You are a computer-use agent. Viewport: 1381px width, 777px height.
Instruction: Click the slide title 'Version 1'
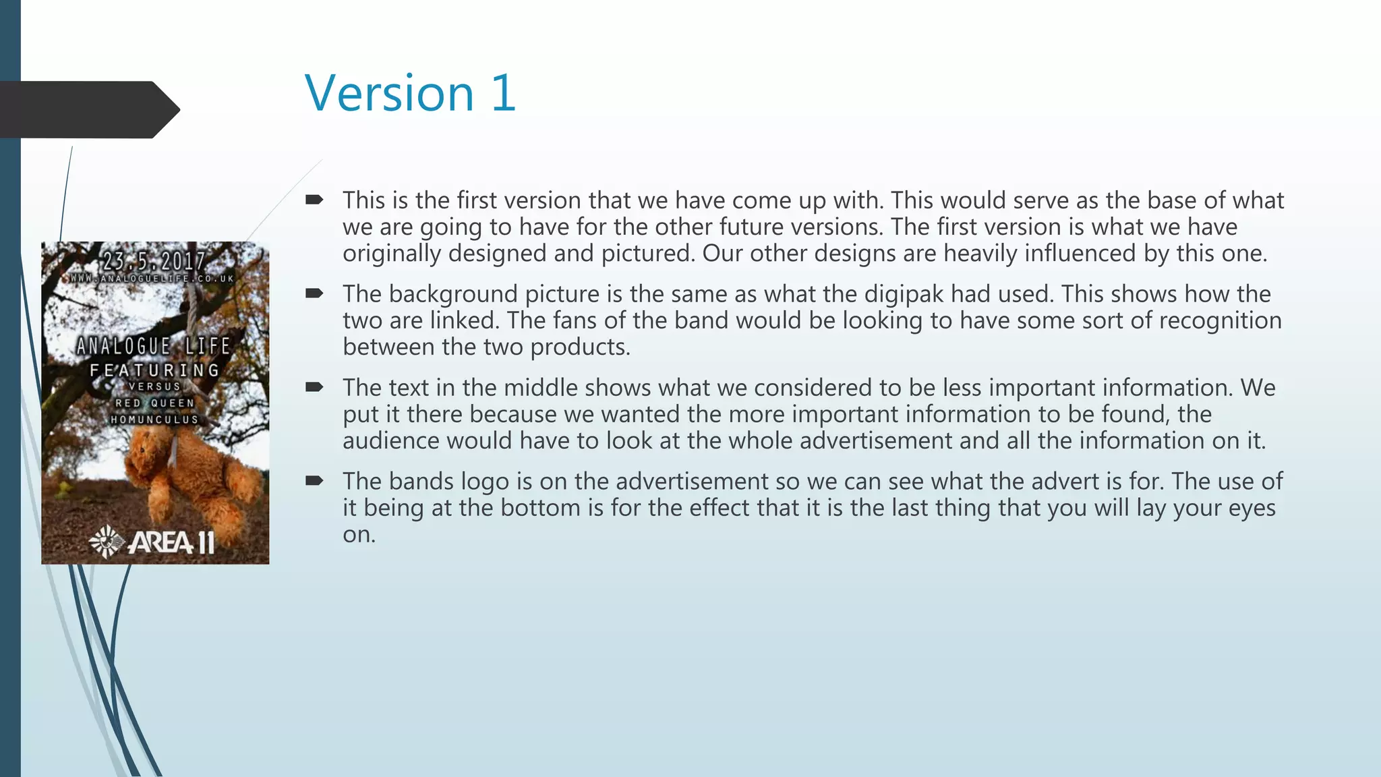(x=410, y=93)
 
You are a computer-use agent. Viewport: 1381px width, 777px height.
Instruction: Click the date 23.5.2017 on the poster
(x=154, y=261)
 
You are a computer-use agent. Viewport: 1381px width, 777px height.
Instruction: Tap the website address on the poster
(x=153, y=279)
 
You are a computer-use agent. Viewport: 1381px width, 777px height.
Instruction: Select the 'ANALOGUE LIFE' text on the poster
(x=154, y=346)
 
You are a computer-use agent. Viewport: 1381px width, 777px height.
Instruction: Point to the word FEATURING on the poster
(x=155, y=370)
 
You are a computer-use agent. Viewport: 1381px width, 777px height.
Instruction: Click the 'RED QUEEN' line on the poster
(x=155, y=403)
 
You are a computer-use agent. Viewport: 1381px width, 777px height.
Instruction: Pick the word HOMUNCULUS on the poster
(x=155, y=420)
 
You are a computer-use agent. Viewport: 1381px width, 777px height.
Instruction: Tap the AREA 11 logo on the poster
(x=154, y=542)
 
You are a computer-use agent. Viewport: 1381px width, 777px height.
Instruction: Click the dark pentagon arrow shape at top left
(x=88, y=109)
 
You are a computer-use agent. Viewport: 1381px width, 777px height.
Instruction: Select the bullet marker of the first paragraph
(x=314, y=200)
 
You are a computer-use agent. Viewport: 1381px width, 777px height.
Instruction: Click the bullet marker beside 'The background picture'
(x=314, y=293)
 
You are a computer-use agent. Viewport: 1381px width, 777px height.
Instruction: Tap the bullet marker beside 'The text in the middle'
(x=314, y=387)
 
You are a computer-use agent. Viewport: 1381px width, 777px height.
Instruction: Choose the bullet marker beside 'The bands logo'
(x=314, y=481)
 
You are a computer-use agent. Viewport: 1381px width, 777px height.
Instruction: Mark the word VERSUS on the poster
(x=155, y=386)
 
